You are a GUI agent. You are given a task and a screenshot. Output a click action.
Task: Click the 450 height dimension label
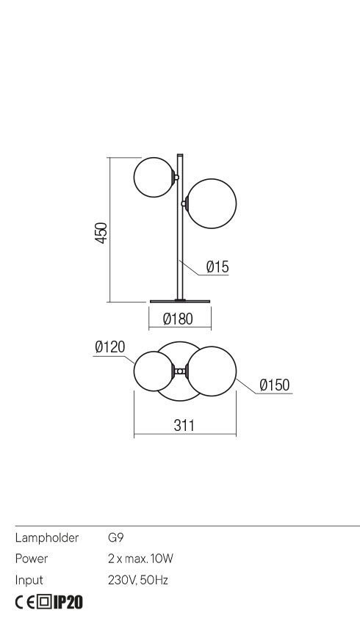click(x=101, y=233)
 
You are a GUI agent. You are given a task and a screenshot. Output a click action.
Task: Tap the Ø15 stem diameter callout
click(x=217, y=266)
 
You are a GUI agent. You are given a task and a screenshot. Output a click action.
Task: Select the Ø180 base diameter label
click(x=178, y=319)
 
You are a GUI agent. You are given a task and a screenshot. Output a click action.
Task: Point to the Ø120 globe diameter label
click(x=110, y=347)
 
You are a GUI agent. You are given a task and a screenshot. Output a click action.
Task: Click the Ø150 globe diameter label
click(x=275, y=385)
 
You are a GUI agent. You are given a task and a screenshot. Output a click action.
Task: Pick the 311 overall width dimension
click(x=184, y=425)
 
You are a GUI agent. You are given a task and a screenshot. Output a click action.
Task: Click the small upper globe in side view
click(x=154, y=177)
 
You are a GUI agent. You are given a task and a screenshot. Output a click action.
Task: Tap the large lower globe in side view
click(x=212, y=203)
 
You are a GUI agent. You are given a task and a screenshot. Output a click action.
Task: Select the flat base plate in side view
click(x=180, y=302)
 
